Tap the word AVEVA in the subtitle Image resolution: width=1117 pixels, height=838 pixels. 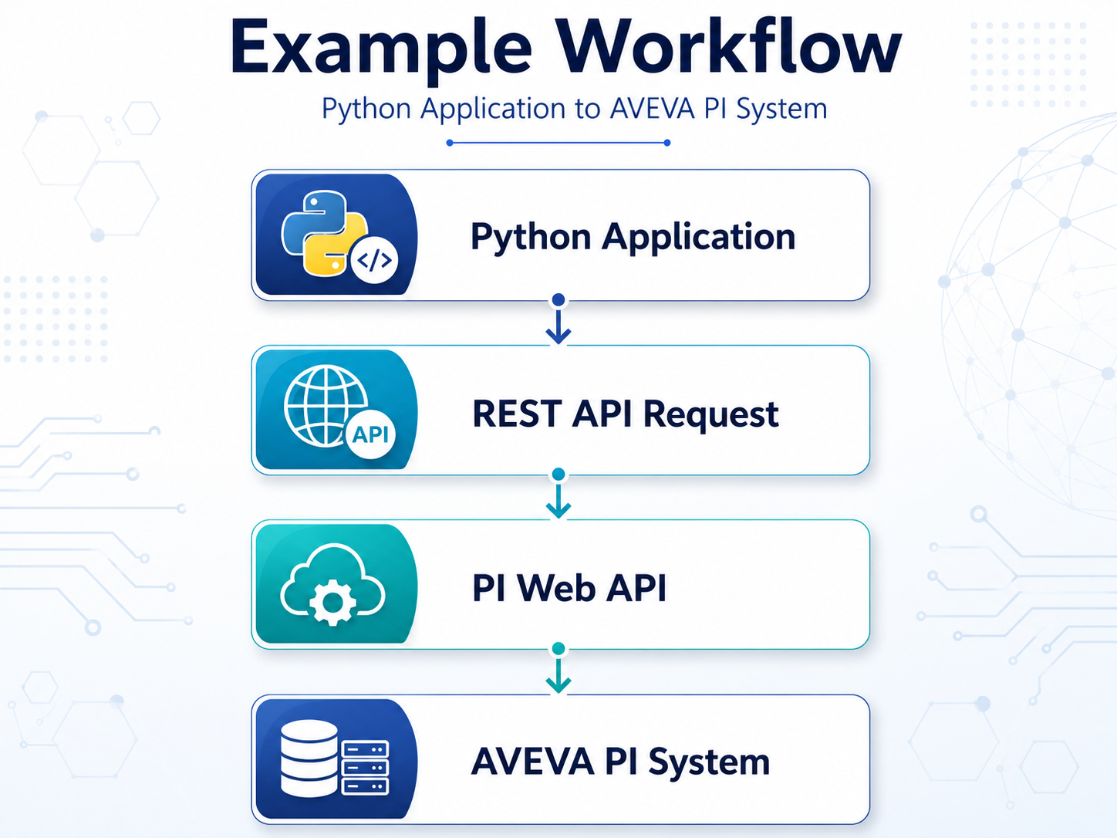653,108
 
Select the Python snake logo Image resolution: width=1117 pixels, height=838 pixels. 323,233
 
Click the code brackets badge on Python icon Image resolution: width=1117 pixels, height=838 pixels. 375,260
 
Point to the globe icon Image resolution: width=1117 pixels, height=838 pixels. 326,406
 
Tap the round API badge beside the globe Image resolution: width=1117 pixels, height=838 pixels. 370,434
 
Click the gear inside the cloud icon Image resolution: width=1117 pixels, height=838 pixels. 332,603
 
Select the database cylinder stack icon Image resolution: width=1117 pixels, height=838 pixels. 309,758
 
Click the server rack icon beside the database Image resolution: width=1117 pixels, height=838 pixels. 366,768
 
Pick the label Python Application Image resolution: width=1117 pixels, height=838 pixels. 633,238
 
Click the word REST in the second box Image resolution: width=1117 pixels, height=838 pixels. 517,414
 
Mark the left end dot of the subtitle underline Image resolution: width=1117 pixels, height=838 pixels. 450,143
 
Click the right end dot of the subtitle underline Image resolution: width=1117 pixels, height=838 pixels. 667,143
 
